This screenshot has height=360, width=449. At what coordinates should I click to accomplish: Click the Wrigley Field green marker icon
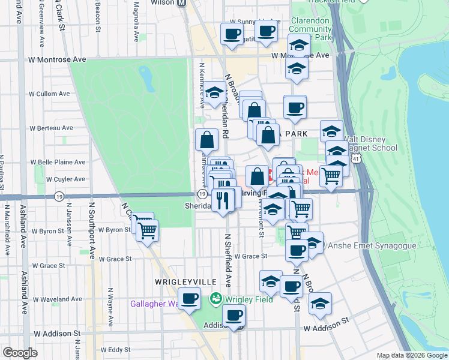point(215,298)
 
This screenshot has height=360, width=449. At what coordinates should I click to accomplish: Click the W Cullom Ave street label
point(50,94)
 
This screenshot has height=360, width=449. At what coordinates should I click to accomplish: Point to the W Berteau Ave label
point(51,128)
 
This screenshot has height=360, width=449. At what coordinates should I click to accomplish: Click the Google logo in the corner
point(20,353)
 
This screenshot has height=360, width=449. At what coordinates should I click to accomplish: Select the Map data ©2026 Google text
point(412,355)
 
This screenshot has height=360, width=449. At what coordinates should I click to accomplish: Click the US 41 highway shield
point(357,159)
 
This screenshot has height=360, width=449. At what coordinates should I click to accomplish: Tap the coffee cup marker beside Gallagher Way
point(190,298)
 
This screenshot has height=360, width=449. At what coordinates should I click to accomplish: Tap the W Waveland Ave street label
point(56,299)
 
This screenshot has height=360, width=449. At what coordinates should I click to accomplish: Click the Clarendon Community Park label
point(311,28)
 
